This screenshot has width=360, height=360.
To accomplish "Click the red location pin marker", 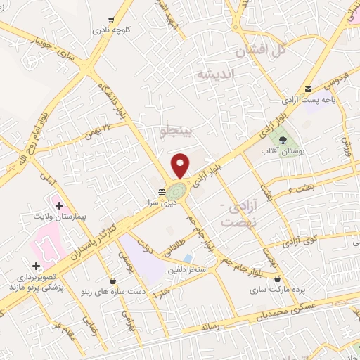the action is coord(181,165).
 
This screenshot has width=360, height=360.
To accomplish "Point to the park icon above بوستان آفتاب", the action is coord(283,139).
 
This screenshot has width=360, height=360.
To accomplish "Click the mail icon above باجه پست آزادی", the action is coord(308,89).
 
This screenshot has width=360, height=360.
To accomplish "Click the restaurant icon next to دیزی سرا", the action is coord(162,191).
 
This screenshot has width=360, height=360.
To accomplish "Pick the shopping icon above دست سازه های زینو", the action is coord(114,281).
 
